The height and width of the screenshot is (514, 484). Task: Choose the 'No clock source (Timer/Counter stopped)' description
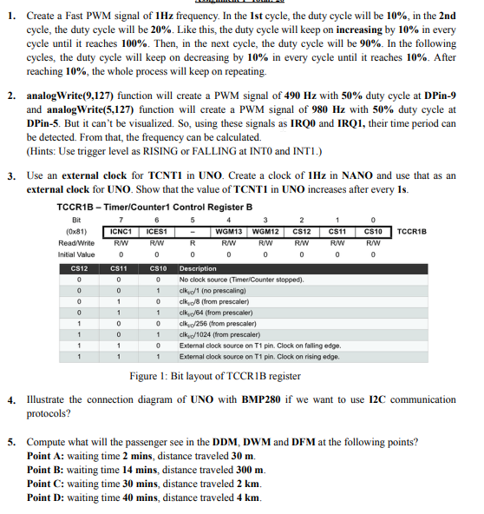(240, 280)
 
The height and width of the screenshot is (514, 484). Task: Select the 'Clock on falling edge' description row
(259, 345)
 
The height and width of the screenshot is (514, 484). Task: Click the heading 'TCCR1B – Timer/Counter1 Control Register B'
(154, 207)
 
